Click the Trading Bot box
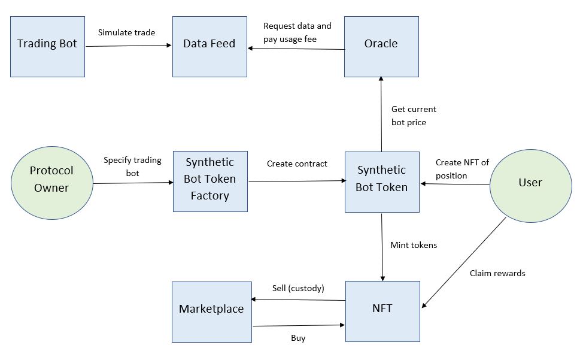point(47,47)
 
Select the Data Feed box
point(209,47)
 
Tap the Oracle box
point(381,47)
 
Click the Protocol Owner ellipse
point(51,180)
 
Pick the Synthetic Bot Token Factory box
point(210,181)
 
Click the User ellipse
point(530,183)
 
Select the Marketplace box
point(211,311)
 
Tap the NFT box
point(382,311)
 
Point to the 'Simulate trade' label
point(126,32)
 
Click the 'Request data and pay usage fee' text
point(297,32)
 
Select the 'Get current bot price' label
point(414,116)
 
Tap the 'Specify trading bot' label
point(132,166)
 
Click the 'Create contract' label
point(297,164)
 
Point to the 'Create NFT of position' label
point(462,169)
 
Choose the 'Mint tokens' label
point(413,245)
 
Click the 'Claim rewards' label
point(497,273)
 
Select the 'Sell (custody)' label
point(298,288)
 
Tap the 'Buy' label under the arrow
point(298,338)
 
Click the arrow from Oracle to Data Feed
point(296,49)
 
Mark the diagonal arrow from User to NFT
point(464,263)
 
